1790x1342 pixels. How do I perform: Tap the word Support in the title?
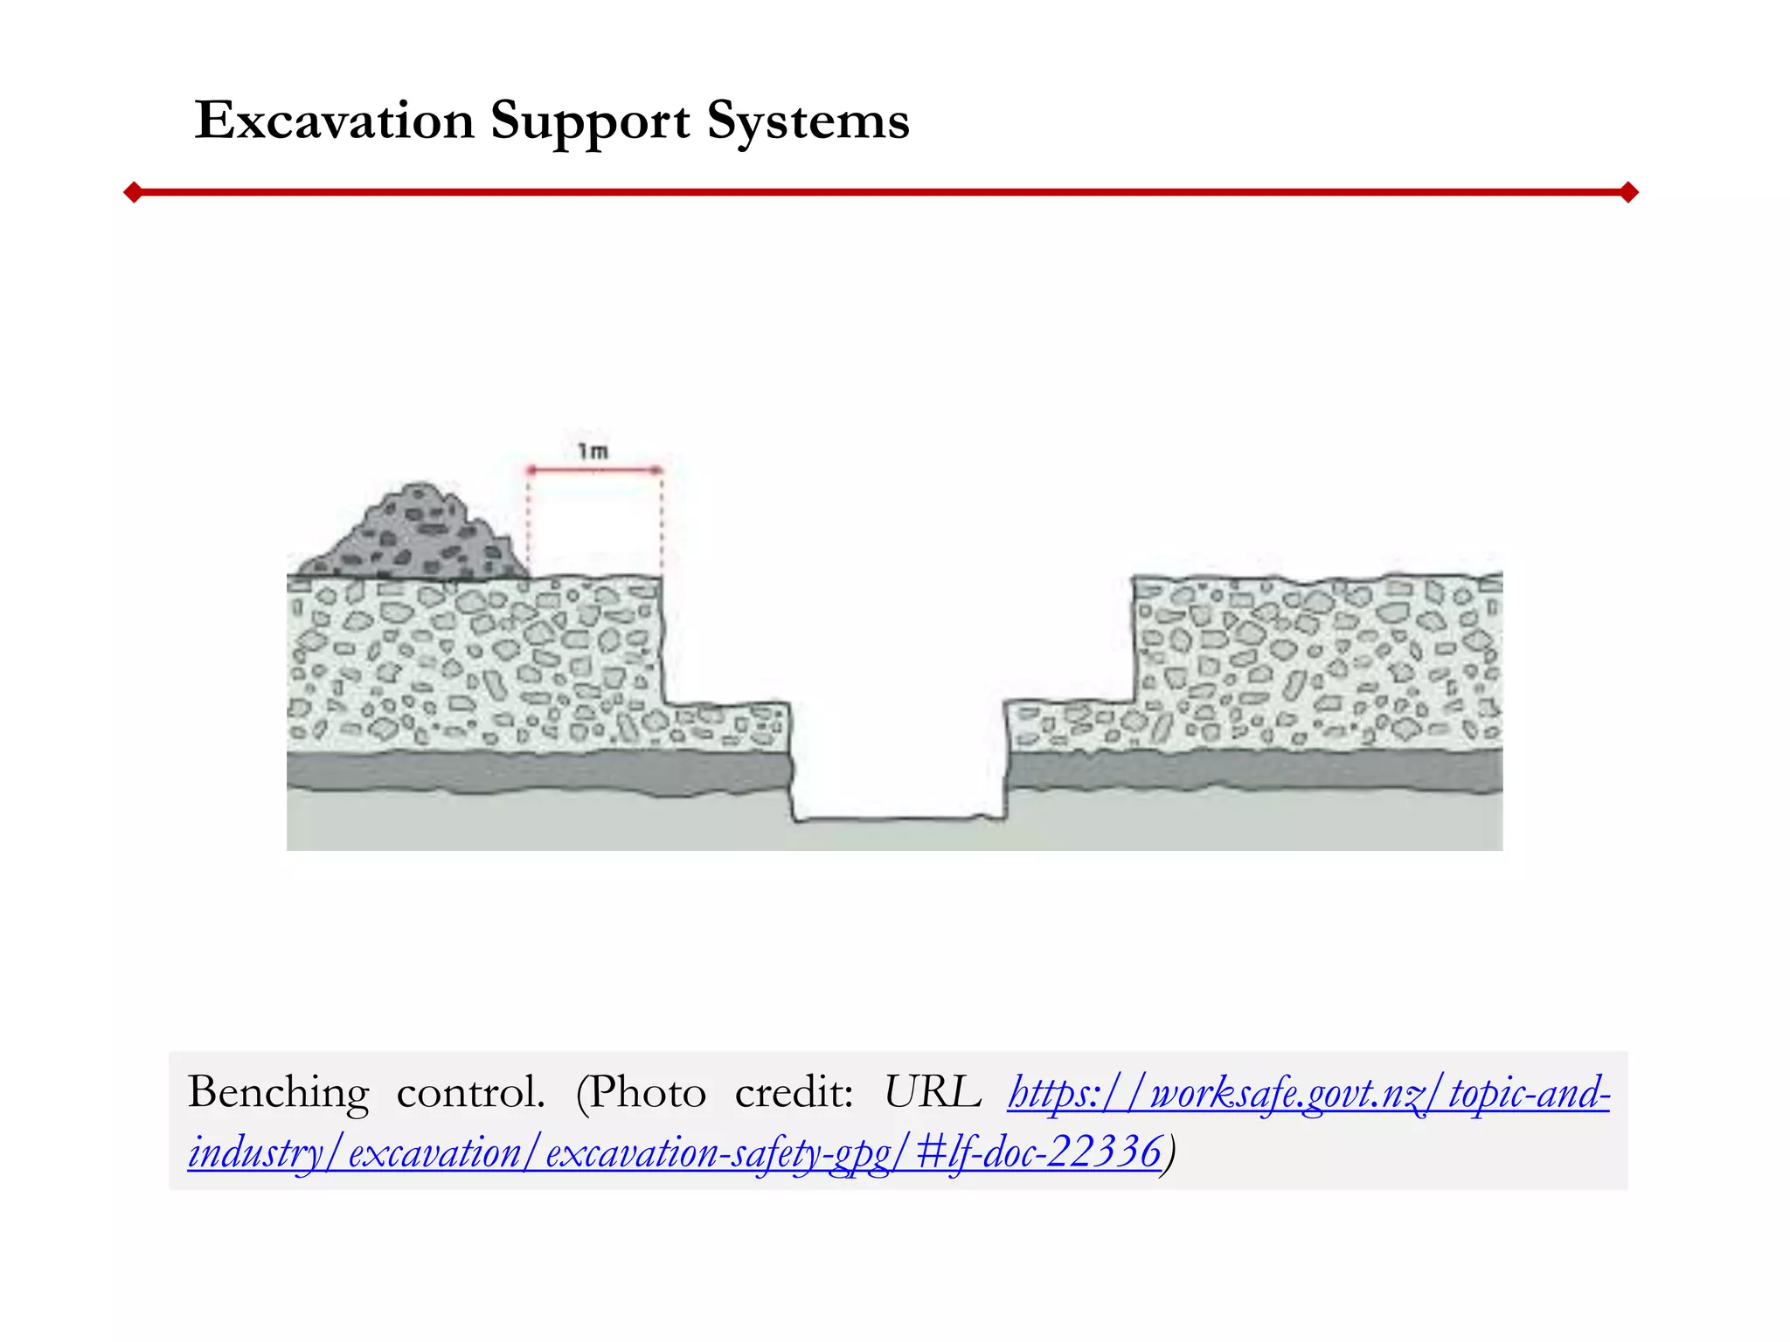[x=590, y=121]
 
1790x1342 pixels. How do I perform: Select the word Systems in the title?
[x=808, y=121]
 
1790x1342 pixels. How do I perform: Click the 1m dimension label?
[x=593, y=451]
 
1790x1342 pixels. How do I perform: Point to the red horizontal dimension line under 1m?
[x=594, y=470]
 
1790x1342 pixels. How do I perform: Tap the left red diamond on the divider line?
[x=133, y=192]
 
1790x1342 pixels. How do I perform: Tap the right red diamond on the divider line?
[x=1628, y=192]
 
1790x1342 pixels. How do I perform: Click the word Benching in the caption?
[x=279, y=1093]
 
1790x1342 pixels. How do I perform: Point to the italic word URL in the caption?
[x=932, y=1092]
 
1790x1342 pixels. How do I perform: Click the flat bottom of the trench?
[x=898, y=819]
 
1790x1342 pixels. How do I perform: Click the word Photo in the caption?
[x=647, y=1092]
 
